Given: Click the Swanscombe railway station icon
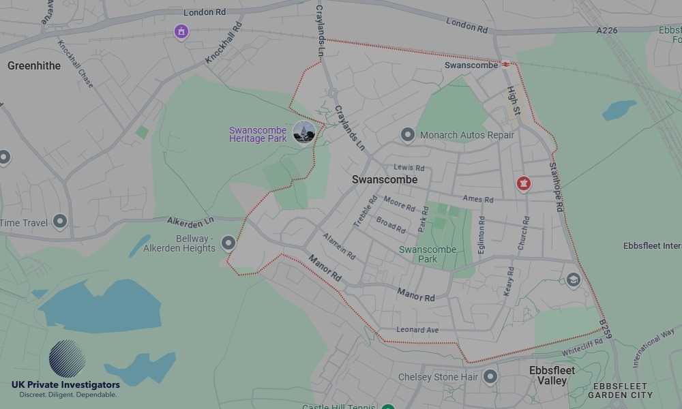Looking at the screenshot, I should click(506, 65).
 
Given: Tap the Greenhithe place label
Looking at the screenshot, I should click(34, 66).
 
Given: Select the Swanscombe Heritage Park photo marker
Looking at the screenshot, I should click(303, 132).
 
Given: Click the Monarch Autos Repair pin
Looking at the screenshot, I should click(408, 135).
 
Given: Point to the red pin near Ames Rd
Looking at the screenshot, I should click(523, 183).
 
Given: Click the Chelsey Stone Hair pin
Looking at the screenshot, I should click(490, 376).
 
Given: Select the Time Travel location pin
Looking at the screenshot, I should click(60, 221).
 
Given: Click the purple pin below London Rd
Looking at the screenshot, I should click(181, 31).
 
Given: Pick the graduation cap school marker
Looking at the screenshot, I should click(573, 279).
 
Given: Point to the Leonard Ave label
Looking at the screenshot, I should click(417, 330).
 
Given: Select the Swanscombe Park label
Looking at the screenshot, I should click(428, 254).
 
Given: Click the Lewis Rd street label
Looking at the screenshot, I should click(409, 168).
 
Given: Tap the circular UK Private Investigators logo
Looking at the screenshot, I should click(67, 359).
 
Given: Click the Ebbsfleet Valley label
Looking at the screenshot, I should click(552, 376).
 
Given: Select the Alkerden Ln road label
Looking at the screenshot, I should click(190, 221).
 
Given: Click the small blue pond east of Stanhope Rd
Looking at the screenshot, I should click(619, 110).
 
